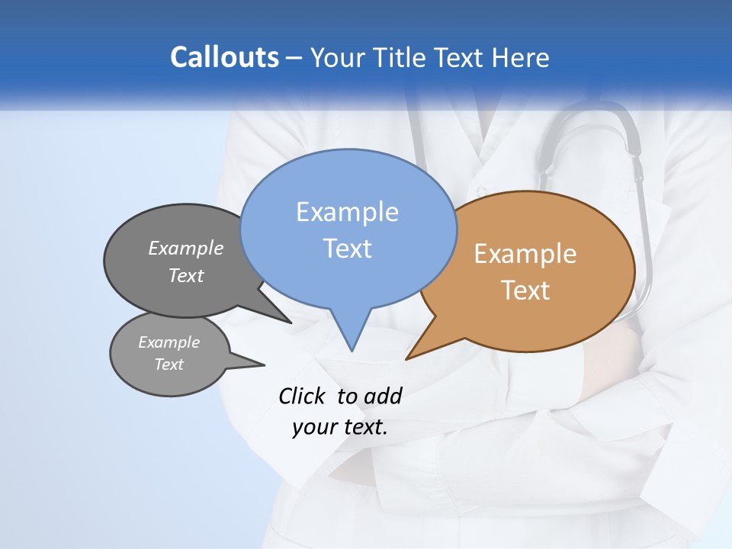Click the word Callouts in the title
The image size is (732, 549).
(224, 57)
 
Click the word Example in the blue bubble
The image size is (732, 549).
(347, 212)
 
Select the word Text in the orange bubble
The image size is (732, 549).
(525, 291)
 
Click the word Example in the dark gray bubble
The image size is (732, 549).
(186, 249)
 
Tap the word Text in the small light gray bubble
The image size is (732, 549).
(169, 364)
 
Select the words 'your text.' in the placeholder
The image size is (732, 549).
(340, 427)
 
